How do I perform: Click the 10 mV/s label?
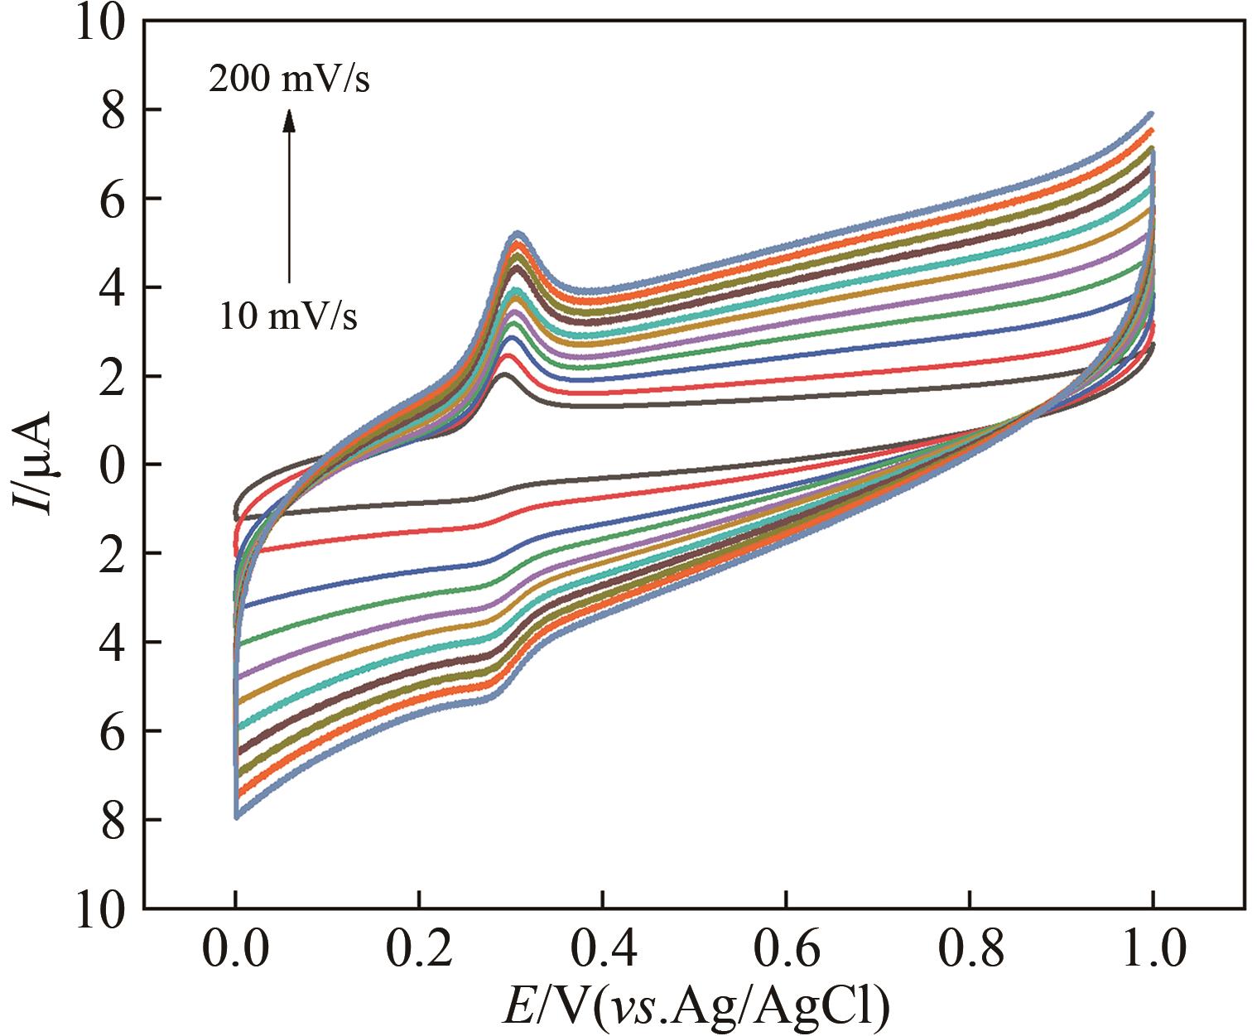click(x=289, y=316)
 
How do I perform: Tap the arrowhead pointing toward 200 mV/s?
click(x=289, y=121)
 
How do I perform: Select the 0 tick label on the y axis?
click(x=113, y=465)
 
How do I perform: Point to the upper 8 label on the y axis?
click(x=113, y=110)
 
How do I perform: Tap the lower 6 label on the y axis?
click(x=113, y=731)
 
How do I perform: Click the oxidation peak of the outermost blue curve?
click(x=517, y=234)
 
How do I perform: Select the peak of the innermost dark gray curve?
click(x=506, y=375)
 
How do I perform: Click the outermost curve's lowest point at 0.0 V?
click(x=237, y=817)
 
